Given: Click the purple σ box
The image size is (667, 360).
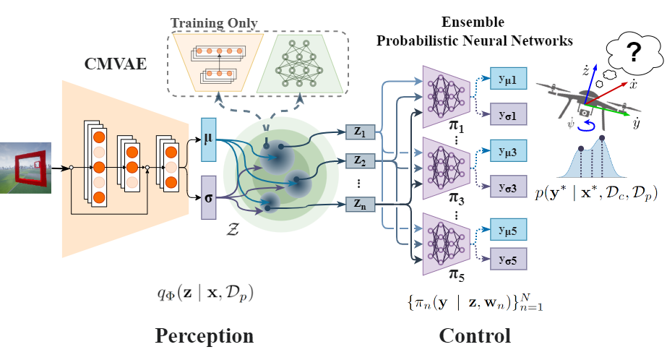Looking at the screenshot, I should (208, 194).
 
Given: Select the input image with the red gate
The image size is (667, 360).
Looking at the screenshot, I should (25, 168).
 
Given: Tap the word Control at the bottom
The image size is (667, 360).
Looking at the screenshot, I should (474, 336).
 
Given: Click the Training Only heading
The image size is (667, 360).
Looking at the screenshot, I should (213, 23).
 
